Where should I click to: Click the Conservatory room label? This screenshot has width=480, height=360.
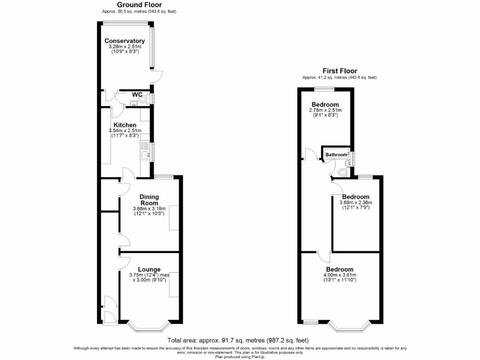(x=124, y=41)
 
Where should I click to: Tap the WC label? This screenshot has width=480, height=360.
(x=137, y=95)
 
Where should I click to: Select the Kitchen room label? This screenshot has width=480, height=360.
(x=124, y=125)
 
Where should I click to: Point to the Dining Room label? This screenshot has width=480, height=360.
(x=149, y=200)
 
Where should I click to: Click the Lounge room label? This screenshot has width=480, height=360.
(x=149, y=269)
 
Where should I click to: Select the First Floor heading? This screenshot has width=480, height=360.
(x=339, y=71)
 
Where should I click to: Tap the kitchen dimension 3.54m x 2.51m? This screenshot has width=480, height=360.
(x=124, y=131)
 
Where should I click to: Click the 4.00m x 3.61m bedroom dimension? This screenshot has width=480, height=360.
(x=340, y=275)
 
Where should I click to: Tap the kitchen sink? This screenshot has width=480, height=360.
(x=144, y=154)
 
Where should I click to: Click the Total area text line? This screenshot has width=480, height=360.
(x=238, y=340)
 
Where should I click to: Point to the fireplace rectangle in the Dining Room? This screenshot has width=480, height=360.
(x=174, y=217)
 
